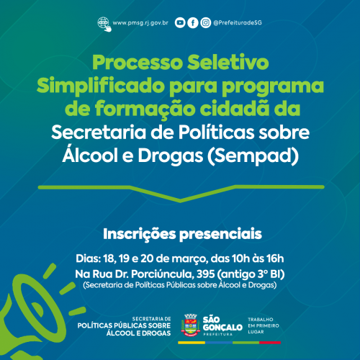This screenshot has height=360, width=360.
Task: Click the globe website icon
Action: coord(104,24)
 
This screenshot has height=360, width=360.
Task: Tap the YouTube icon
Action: coord(180,23)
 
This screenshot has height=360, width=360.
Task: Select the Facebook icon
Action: coord(193,23)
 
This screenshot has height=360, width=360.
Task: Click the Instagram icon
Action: coord(206,23)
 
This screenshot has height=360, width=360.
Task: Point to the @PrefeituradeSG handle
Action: coord(238,23)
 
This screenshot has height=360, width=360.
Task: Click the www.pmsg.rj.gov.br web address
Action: coord(140,23)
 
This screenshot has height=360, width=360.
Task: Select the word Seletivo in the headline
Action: coord(228,62)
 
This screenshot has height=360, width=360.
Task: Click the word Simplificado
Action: coord(100,86)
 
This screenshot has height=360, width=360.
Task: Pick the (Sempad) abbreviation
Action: coord(253,156)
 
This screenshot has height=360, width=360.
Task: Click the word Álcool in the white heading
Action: coord(90,155)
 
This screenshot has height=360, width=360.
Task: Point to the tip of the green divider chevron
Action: coord(180,201)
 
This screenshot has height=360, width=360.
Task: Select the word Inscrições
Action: coord(140,235)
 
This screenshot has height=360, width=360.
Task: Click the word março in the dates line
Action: coord(189,259)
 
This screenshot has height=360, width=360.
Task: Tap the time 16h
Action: coord(275,258)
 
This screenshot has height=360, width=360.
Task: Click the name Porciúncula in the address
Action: coord(163,274)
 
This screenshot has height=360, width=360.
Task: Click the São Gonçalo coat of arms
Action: coord(191,325)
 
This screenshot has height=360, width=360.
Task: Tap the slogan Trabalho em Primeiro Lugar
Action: coord(264,325)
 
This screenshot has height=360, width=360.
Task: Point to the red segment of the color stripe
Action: coord(270,343)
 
